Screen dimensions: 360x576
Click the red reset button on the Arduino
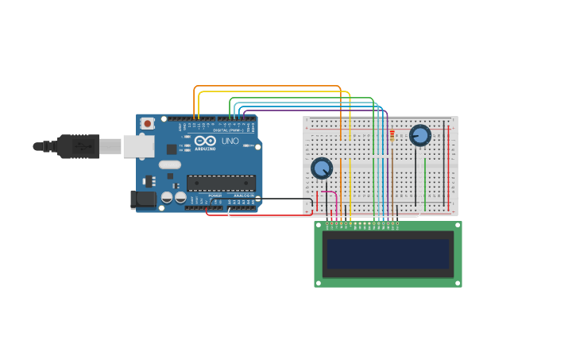tap(147, 123)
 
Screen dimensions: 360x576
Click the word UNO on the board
tap(230, 141)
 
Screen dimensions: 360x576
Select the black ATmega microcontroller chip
tap(221, 183)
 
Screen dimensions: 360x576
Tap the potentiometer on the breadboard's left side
tap(322, 168)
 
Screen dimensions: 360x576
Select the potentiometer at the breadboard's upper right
tap(419, 135)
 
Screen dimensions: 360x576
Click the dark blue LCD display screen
tap(388, 254)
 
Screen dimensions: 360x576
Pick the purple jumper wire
tap(318, 110)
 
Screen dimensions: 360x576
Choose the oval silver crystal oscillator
tap(170, 165)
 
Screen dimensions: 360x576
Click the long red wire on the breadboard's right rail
tap(448, 167)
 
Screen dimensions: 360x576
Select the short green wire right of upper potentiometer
tap(425, 183)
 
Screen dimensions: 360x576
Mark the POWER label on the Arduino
tap(215, 195)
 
